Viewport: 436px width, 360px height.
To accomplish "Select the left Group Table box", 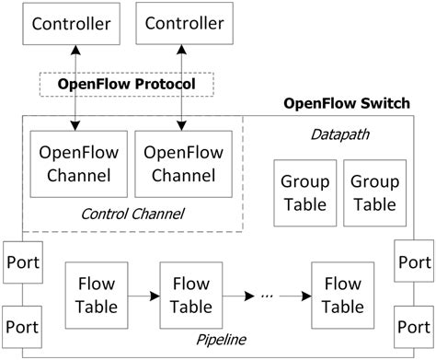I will click(x=302, y=192).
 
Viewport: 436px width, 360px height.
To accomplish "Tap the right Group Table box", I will click(x=373, y=192).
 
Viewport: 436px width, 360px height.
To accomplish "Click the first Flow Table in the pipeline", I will click(x=96, y=294).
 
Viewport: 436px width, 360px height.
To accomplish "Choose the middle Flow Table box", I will click(x=191, y=294).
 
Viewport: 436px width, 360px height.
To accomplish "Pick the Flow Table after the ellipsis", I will click(x=343, y=294).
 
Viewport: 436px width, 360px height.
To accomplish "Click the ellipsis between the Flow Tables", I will click(x=268, y=295).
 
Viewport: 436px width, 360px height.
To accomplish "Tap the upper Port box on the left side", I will click(x=21, y=262).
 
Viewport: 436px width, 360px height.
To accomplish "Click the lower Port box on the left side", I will click(x=21, y=326).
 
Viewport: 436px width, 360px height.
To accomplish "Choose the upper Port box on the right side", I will click(x=415, y=262).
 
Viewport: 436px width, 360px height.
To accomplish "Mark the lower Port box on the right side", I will click(x=415, y=326).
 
